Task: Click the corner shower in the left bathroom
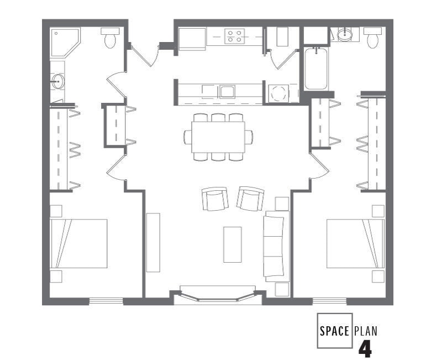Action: [x=64, y=41]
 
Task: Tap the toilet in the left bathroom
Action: [x=110, y=38]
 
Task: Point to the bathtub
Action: [x=316, y=69]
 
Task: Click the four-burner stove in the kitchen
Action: [x=234, y=36]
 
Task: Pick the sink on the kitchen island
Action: [x=227, y=91]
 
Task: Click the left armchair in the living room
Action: [x=214, y=199]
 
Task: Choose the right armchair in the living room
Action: [x=250, y=199]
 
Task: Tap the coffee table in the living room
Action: [x=232, y=244]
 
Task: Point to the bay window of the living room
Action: [x=218, y=295]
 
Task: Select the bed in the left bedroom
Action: [x=78, y=243]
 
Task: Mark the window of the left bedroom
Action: [x=106, y=301]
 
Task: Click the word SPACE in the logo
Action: [x=335, y=331]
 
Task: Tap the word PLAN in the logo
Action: [x=366, y=331]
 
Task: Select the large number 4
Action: [x=365, y=349]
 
